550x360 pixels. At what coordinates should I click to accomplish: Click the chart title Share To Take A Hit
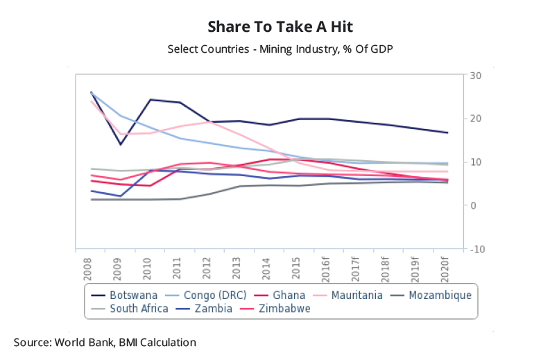[x=275, y=26]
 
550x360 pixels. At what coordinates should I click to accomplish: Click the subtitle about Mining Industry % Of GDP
[x=275, y=49]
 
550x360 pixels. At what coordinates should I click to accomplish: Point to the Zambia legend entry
[x=209, y=309]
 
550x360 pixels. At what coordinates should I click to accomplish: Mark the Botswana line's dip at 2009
[x=121, y=144]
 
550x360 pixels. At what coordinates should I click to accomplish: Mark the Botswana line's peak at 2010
[x=151, y=100]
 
